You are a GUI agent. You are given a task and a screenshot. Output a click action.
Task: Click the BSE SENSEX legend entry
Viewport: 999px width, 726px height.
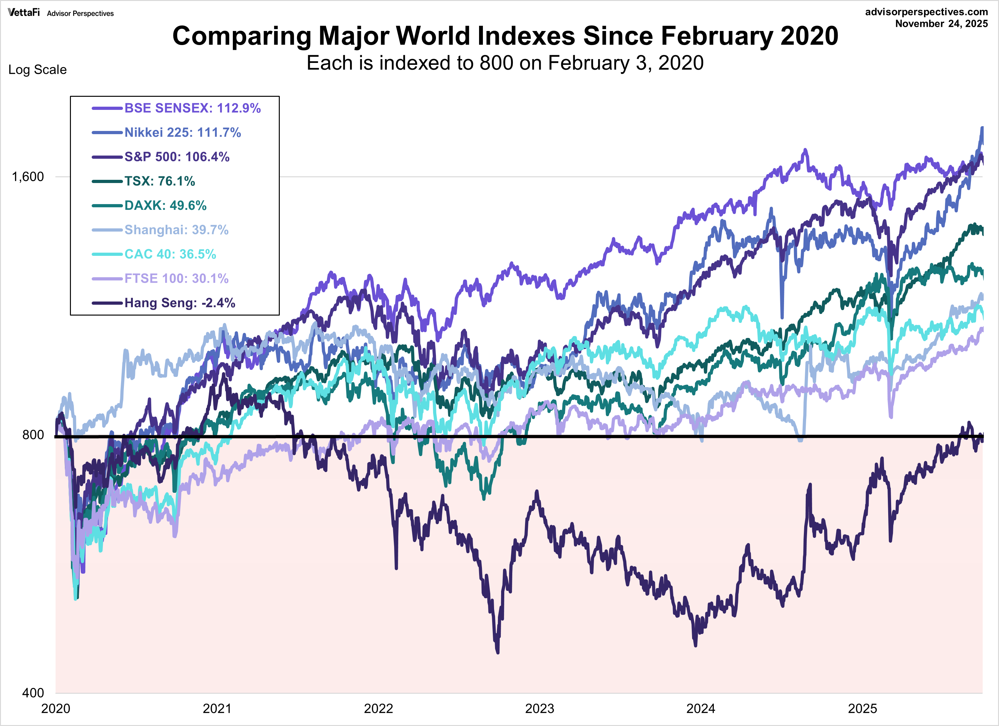click(x=193, y=108)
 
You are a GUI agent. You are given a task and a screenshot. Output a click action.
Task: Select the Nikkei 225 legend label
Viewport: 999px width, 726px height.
click(x=182, y=132)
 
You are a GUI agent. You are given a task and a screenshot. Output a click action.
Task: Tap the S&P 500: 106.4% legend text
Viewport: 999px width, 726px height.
click(x=177, y=157)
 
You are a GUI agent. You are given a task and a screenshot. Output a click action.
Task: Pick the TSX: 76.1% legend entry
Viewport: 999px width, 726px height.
click(x=159, y=181)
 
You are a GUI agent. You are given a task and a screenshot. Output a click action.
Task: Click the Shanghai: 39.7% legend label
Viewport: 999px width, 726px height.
click(x=176, y=230)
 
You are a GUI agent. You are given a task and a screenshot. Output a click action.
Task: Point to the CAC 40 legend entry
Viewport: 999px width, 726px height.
click(x=170, y=254)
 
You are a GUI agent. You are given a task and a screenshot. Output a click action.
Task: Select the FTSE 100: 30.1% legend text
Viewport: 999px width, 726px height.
click(x=176, y=279)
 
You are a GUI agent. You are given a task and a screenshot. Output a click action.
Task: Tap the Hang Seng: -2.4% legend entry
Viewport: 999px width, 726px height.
click(x=180, y=303)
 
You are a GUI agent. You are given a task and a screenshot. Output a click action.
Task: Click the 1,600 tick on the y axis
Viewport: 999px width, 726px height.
click(x=28, y=177)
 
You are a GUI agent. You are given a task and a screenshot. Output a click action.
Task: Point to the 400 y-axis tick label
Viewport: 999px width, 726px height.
click(x=33, y=692)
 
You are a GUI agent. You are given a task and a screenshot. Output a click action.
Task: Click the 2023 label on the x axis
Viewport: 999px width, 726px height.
click(x=540, y=709)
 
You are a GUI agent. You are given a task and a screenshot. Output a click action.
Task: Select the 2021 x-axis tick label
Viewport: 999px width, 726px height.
click(x=217, y=709)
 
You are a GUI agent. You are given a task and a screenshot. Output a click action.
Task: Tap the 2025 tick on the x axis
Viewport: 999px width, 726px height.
click(x=862, y=709)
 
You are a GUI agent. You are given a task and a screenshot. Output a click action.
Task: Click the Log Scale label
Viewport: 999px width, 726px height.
click(x=37, y=70)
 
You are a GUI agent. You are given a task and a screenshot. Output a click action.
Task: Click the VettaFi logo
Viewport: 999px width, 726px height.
click(x=24, y=12)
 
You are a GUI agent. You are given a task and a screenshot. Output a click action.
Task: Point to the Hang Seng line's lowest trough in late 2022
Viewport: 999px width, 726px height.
click(x=498, y=652)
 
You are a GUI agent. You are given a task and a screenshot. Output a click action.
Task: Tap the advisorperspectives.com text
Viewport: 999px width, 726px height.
click(x=926, y=12)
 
